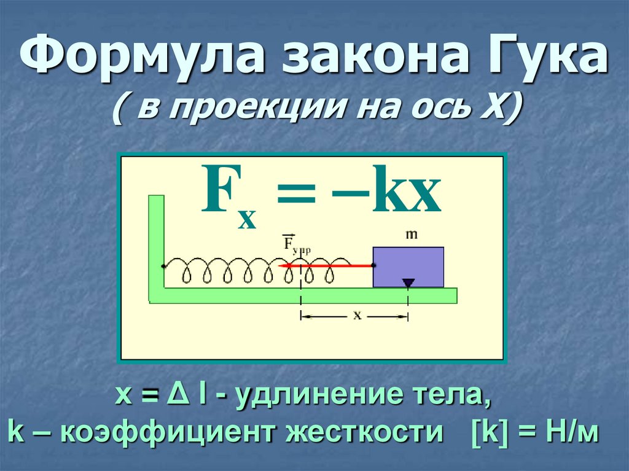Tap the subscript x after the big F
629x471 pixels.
pyautogui.click(x=247, y=218)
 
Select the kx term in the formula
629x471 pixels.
pyautogui.click(x=406, y=193)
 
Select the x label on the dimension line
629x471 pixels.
pyautogui.click(x=356, y=315)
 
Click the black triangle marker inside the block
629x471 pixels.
pyautogui.click(x=408, y=282)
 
